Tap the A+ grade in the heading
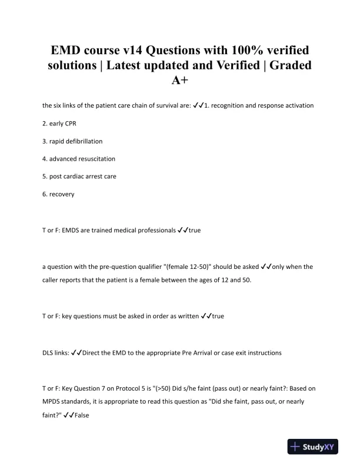coord(180,81)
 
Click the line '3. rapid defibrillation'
coord(72,141)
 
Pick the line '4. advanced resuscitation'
coord(79,159)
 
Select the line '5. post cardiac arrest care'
coord(79,177)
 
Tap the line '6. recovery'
coord(58,194)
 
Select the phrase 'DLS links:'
coord(55,352)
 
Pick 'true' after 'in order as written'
coord(217,316)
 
